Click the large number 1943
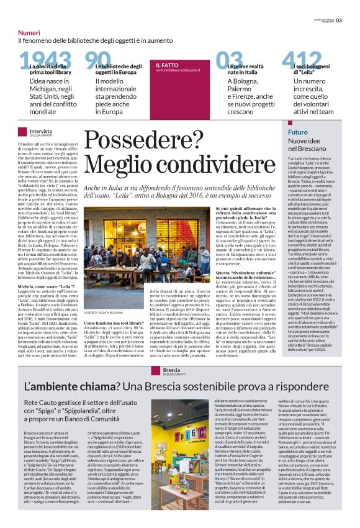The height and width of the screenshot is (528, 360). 44,61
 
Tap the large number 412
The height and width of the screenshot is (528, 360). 300,61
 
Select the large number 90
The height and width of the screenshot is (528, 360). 98,61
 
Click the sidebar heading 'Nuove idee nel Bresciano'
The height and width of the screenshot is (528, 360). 310,147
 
